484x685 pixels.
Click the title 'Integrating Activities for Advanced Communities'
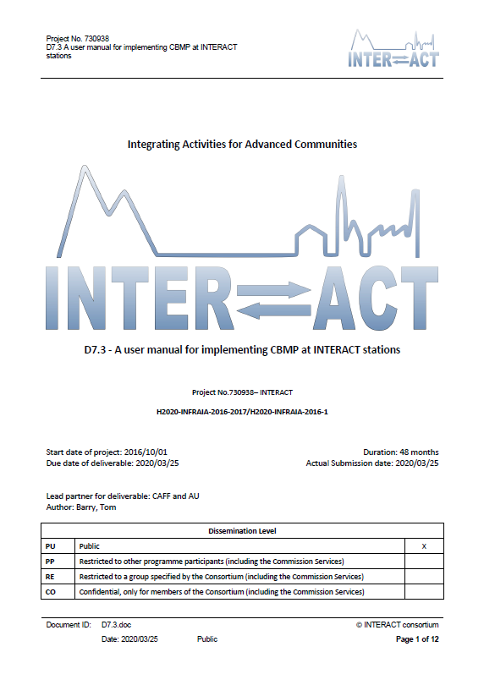click(242, 145)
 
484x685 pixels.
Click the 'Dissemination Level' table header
click(242, 531)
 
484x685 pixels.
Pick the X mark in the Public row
click(422, 546)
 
